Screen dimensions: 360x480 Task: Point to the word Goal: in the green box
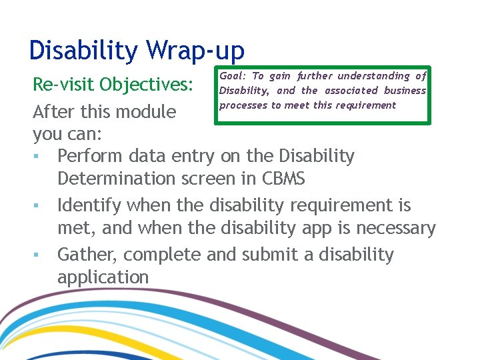coord(232,76)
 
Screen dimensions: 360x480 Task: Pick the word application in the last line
coord(103,277)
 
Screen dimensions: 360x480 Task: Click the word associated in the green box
coord(351,91)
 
